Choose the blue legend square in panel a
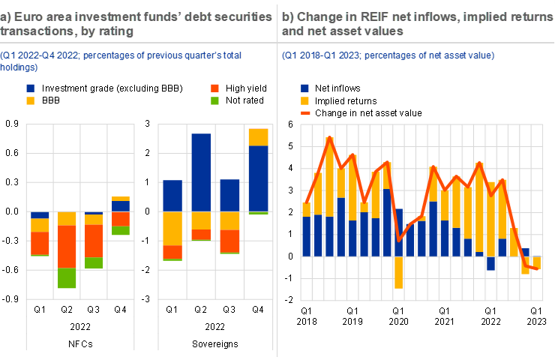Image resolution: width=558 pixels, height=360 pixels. pos(30,88)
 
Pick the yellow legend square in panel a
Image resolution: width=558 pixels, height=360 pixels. pos(30,100)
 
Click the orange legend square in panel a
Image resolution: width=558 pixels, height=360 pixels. pos(215,88)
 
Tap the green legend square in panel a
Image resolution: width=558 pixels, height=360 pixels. pos(215,100)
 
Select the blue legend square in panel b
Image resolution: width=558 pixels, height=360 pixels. pos(305,88)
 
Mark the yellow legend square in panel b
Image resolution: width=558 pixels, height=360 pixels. pos(305,100)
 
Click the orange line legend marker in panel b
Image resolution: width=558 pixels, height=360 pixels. pos(305,112)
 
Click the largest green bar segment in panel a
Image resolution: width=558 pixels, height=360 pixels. pos(67,277)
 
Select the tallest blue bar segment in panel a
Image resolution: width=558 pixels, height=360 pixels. pos(201,172)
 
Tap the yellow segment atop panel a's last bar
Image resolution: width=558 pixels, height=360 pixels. pos(258,136)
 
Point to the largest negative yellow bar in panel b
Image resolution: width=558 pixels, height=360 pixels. pos(398,272)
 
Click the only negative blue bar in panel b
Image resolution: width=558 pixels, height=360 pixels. pos(491,263)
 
